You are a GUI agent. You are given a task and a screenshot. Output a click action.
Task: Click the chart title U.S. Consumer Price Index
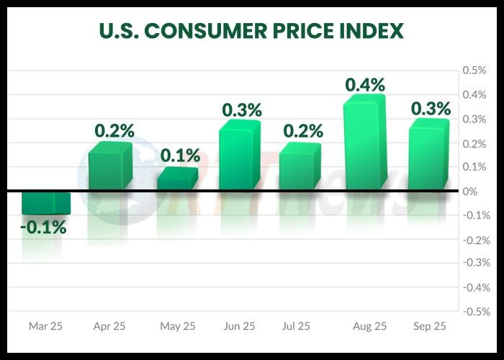click(x=251, y=32)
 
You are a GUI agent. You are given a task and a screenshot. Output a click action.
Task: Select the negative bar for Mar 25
click(x=45, y=203)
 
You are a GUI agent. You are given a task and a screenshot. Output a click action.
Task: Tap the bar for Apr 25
click(x=110, y=167)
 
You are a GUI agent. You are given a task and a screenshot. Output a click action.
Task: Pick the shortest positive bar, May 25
click(x=177, y=179)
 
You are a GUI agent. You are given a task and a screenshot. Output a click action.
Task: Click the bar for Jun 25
click(x=239, y=156)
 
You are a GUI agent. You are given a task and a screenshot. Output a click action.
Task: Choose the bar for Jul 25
click(x=300, y=167)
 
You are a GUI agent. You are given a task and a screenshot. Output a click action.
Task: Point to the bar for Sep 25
click(x=428, y=156)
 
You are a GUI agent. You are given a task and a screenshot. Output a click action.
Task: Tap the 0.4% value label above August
click(x=365, y=84)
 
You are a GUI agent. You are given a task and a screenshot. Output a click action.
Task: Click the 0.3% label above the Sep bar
click(x=431, y=108)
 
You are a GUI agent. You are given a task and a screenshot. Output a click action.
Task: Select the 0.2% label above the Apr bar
click(x=114, y=130)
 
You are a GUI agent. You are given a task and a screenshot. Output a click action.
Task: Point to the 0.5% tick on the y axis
click(x=474, y=71)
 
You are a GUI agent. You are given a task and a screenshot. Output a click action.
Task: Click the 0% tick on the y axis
click(x=471, y=192)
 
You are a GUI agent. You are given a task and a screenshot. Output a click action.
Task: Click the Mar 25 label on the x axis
click(x=45, y=326)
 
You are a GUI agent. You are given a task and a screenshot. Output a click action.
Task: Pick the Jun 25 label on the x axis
click(x=239, y=326)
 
